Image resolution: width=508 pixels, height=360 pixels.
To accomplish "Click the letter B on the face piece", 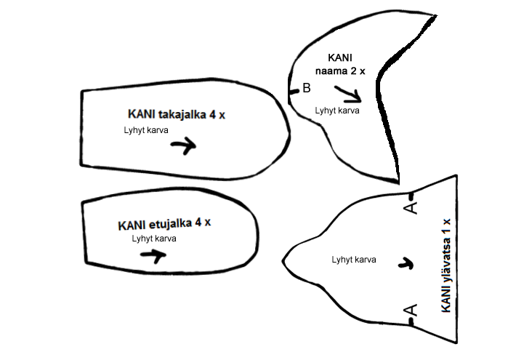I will [x=306, y=88].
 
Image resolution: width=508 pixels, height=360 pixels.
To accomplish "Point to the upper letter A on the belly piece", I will [x=410, y=208].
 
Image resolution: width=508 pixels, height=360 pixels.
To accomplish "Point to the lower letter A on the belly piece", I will [x=410, y=311].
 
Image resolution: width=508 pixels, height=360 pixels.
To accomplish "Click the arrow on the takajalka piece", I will [x=183, y=145].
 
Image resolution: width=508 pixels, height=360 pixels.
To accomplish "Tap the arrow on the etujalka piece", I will [x=153, y=255].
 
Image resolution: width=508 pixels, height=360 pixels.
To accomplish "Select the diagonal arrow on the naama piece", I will [x=348, y=93].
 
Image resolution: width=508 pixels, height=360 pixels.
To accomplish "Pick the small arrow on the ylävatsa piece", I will [x=408, y=263].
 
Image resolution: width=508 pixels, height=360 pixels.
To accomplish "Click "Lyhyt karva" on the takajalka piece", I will [x=148, y=130].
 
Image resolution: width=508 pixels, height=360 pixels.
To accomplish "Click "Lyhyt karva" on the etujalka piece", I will [x=153, y=239].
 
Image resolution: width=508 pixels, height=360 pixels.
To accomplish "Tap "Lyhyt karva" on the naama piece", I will [x=336, y=111].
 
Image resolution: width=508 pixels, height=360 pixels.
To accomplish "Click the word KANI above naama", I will [x=341, y=58].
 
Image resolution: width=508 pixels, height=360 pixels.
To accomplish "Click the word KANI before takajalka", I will [x=141, y=115].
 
